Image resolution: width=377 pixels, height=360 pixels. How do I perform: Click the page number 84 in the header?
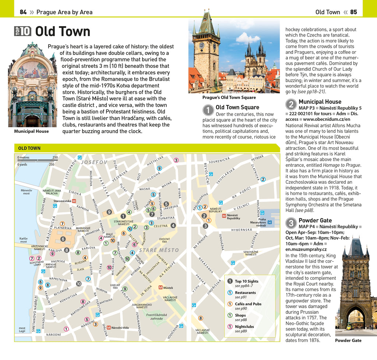tap(23, 12)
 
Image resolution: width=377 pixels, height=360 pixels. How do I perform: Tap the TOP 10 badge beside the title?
tap(23, 31)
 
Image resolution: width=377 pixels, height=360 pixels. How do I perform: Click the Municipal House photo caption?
tap(31, 131)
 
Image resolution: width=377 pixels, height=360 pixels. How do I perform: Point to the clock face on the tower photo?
tap(201, 45)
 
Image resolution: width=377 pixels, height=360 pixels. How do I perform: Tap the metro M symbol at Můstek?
tap(161, 287)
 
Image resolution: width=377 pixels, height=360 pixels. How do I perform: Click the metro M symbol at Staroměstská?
tap(74, 201)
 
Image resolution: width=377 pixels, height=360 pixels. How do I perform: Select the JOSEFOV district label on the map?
tap(94, 162)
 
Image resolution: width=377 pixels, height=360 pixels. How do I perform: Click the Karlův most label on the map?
tap(23, 240)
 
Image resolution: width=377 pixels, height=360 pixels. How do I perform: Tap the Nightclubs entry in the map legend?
tap(244, 327)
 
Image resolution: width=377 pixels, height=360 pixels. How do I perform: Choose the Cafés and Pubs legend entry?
tap(248, 304)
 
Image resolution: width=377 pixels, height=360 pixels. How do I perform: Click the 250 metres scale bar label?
tap(55, 158)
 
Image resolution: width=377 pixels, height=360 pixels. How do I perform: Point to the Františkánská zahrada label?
tap(156, 317)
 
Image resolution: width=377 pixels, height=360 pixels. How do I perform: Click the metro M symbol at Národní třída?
tap(109, 327)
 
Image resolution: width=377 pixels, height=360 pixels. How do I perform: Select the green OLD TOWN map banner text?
tap(29, 148)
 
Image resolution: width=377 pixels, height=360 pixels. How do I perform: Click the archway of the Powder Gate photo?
tap(355, 318)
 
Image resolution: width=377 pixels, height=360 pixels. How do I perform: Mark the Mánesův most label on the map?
tap(26, 192)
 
